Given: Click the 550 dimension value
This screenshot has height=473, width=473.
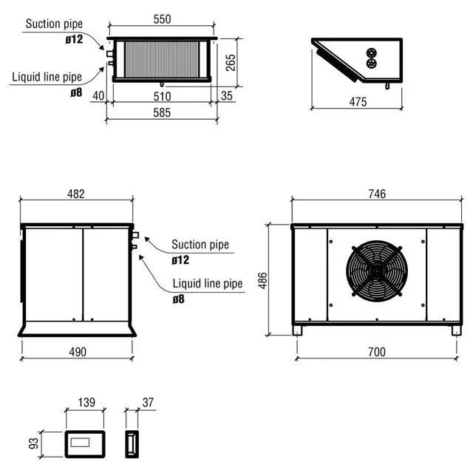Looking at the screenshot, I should pyautogui.click(x=162, y=20).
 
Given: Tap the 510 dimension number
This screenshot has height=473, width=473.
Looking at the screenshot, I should pyautogui.click(x=162, y=96).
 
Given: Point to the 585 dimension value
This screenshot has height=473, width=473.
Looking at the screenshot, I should pyautogui.click(x=162, y=113).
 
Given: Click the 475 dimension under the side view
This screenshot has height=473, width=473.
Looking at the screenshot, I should pyautogui.click(x=357, y=102).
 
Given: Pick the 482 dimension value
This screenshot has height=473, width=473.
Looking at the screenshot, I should pyautogui.click(x=76, y=194).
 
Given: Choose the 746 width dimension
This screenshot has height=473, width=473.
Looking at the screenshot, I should pyautogui.click(x=376, y=194).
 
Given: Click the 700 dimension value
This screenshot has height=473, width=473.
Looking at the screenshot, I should pyautogui.click(x=376, y=352).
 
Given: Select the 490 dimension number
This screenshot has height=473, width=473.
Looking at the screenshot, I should pyautogui.click(x=77, y=352).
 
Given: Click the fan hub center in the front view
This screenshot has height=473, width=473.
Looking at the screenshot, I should pyautogui.click(x=377, y=270).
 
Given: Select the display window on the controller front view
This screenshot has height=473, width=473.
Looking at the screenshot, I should pyautogui.click(x=86, y=445).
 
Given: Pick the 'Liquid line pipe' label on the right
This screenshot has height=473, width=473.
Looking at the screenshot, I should pyautogui.click(x=208, y=283).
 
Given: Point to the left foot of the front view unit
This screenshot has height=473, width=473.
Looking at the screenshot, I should pyautogui.click(x=297, y=330).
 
